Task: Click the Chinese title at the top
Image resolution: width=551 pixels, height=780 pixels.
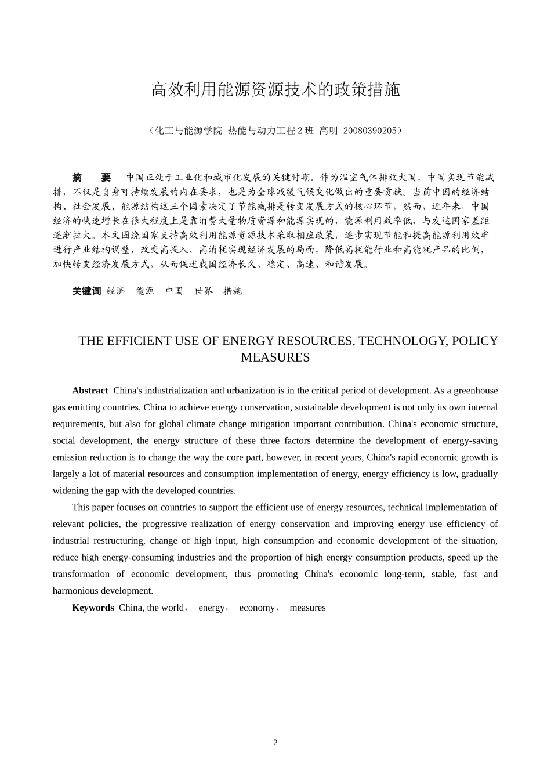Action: pos(275,89)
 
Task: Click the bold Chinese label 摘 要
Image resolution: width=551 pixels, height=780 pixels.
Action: pos(91,178)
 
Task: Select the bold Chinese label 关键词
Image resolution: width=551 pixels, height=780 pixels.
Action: pos(86,291)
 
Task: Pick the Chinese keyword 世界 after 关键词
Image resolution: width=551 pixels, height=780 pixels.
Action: pos(203,291)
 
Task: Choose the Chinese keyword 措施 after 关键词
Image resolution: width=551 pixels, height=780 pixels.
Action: pos(232,291)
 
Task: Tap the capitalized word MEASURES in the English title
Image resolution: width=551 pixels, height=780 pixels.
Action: pos(275,358)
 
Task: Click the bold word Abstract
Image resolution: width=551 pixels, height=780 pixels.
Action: pos(90,391)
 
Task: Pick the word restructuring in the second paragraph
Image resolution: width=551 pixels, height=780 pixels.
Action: pos(114,541)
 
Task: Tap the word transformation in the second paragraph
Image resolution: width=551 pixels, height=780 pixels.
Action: pos(80,574)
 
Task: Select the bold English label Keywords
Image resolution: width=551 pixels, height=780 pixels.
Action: pos(93,608)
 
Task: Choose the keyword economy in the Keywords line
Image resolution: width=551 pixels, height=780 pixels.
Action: pos(257,608)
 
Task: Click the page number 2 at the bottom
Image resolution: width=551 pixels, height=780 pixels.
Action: pos(275,743)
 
